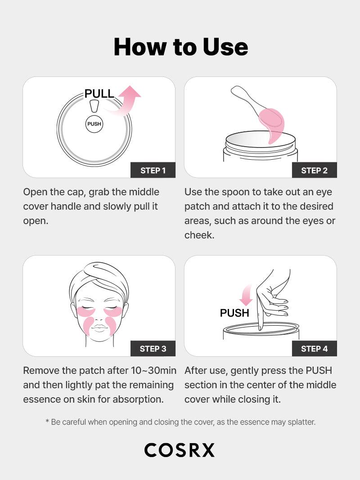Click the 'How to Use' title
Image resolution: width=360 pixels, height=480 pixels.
click(180, 47)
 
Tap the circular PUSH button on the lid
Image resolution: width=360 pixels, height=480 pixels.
click(94, 124)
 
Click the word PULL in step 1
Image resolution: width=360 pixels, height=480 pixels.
click(99, 94)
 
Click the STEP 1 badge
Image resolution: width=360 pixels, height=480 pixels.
click(153, 170)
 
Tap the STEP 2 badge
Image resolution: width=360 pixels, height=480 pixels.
click(314, 170)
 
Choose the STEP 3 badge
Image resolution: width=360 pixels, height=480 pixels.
click(153, 349)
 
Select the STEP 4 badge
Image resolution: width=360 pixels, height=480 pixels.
click(314, 349)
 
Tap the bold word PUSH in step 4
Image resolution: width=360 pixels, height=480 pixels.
click(234, 313)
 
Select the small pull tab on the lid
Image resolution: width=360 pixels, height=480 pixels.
click(94, 105)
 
